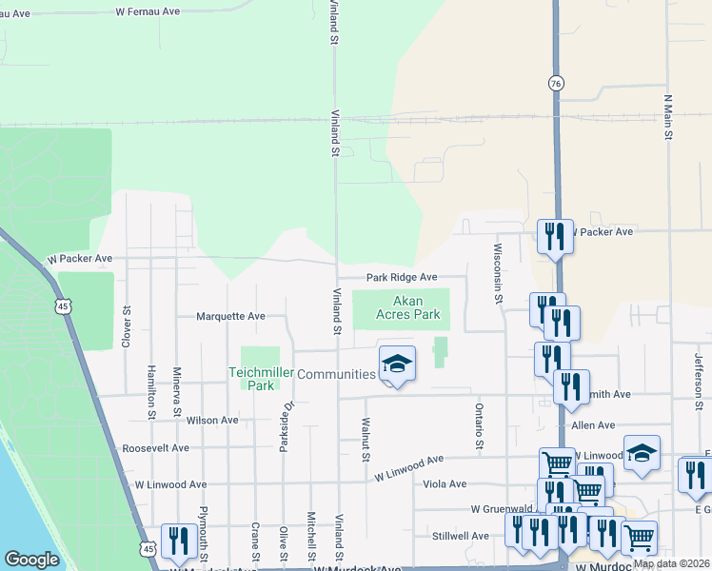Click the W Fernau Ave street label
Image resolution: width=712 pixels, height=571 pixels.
point(148,12)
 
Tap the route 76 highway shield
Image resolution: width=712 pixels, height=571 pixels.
point(555,83)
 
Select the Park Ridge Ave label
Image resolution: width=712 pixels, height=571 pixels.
point(403,277)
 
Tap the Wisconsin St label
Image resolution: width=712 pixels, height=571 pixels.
point(497,273)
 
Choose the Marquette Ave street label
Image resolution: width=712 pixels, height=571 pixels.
point(230,316)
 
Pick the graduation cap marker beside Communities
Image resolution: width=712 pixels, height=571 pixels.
point(398,364)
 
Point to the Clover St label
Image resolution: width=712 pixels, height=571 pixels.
point(126,325)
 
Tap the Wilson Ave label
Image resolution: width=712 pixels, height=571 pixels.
point(213,420)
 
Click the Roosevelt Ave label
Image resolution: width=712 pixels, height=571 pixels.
point(156,447)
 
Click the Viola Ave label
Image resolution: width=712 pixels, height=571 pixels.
point(445,483)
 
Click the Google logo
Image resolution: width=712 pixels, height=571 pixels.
point(31,560)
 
